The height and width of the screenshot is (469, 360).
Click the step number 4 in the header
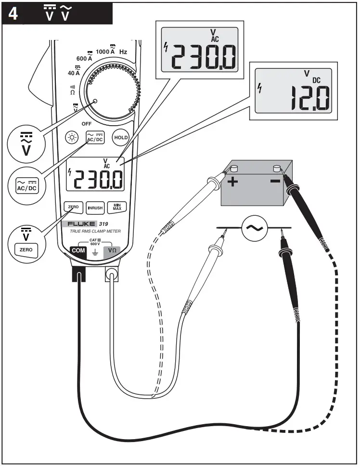pos(13,13)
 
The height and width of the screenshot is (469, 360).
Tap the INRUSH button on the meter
pos(95,208)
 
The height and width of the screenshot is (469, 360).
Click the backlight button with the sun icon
pos(73,137)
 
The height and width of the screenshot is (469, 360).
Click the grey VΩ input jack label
pos(112,251)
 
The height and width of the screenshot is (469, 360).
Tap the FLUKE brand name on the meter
pos(81,224)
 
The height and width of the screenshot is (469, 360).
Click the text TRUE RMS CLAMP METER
pos(92,232)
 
